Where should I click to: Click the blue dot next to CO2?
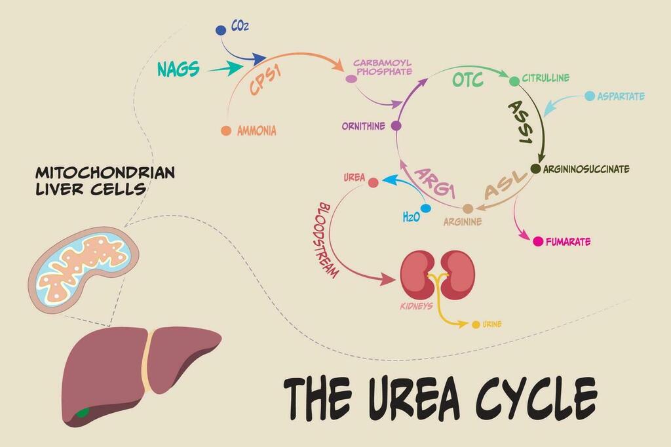(220, 30)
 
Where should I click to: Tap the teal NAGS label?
(178, 69)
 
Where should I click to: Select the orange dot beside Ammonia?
(226, 130)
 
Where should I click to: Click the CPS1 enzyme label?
(266, 80)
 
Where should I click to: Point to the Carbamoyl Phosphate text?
(382, 68)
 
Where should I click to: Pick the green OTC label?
(468, 80)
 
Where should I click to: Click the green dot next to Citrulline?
(514, 81)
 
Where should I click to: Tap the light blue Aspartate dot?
(590, 96)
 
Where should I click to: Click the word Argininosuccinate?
(586, 169)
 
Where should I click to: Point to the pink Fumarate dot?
(538, 241)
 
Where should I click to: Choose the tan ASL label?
(505, 185)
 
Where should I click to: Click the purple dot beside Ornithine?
(396, 126)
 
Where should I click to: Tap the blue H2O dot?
(425, 208)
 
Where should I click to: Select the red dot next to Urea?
(373, 183)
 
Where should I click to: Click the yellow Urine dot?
(476, 325)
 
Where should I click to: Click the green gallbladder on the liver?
(83, 413)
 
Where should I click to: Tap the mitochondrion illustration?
(83, 271)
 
